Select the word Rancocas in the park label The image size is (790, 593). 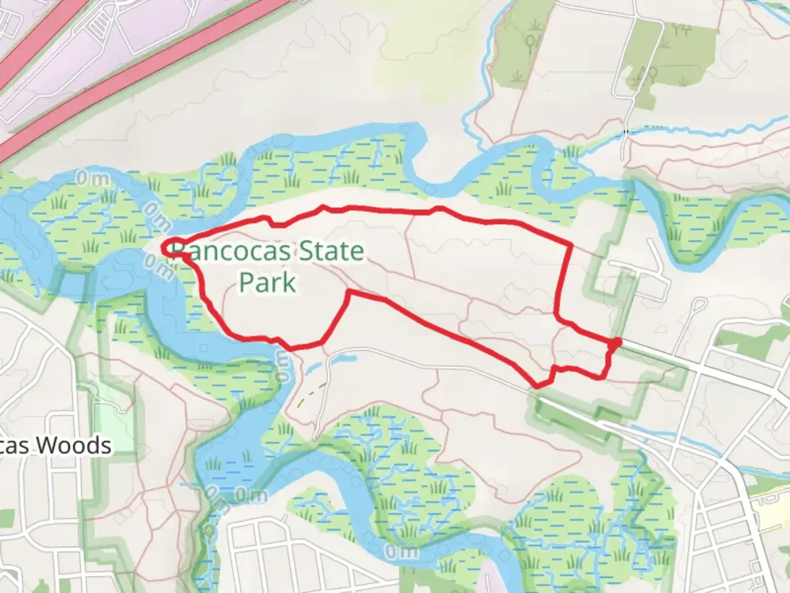point(230,251)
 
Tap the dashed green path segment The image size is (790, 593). point(311,393)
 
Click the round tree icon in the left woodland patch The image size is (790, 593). point(531,42)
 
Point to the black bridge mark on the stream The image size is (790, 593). point(626,132)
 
